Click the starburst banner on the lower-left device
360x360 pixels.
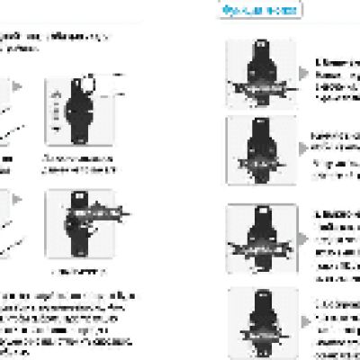pyautogui.click(x=90, y=217)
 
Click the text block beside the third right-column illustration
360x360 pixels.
pyautogui.click(x=338, y=243)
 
